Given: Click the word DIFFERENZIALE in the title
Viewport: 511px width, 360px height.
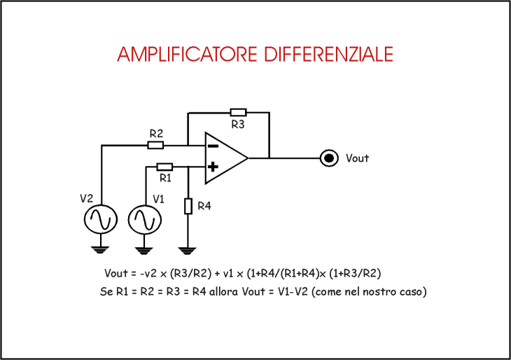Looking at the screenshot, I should point(327,55).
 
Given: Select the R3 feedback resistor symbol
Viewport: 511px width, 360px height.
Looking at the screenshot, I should point(238,112).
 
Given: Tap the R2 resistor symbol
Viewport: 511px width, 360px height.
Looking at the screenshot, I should point(155,145).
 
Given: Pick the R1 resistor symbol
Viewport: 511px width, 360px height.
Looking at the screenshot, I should point(164,167).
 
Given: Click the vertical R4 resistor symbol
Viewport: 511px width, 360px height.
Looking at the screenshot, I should point(188,206).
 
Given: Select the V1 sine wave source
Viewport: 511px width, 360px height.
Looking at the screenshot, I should point(144,219).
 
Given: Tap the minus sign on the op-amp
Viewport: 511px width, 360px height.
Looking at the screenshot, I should point(212,146).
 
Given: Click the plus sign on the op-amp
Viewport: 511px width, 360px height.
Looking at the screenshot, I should point(212,167).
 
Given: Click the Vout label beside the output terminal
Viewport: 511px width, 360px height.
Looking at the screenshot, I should point(357,158).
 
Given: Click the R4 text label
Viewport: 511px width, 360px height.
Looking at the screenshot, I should point(204,206).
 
